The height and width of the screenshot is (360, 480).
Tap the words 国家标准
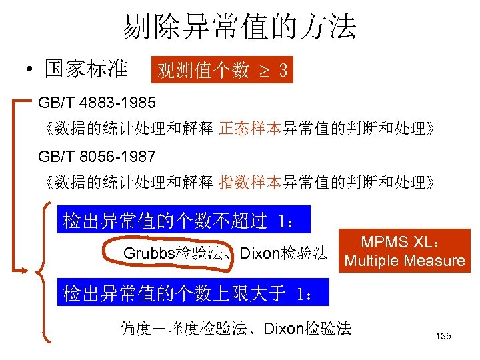[x=86, y=69]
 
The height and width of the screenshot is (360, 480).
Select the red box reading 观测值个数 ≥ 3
[x=223, y=70]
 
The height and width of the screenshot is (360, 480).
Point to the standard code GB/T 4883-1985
[x=97, y=103]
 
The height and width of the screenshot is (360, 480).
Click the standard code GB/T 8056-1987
[x=97, y=157]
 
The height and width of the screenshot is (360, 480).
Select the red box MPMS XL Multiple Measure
[x=405, y=251]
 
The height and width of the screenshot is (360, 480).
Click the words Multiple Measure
[x=405, y=261]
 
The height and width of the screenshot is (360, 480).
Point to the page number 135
[x=443, y=336]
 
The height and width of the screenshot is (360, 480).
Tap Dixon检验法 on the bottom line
[x=308, y=329]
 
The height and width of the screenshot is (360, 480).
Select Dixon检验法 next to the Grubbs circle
[x=284, y=254]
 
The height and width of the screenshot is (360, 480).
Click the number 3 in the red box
[x=283, y=70]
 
